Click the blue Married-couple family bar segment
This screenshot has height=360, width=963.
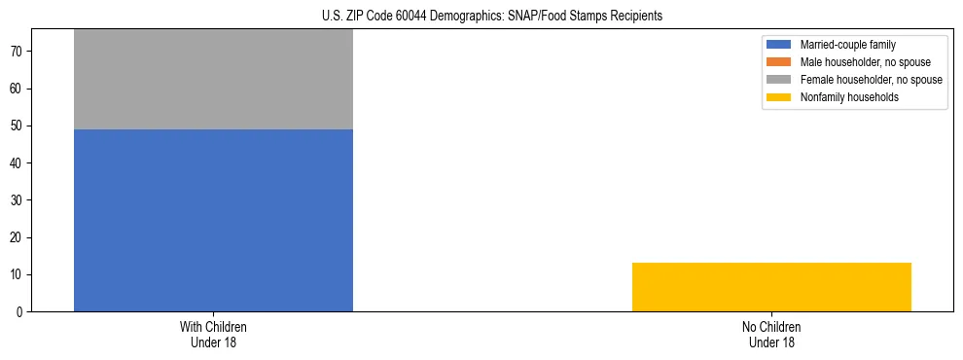(x=213, y=220)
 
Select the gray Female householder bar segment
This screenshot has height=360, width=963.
(x=213, y=80)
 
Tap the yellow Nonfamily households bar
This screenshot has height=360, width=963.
(x=771, y=287)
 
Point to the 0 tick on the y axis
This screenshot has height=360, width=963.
(x=21, y=312)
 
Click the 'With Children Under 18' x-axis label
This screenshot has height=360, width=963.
(x=213, y=334)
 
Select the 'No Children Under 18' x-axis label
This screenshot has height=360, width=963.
(x=771, y=334)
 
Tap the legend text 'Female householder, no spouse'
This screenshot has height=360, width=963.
(x=871, y=80)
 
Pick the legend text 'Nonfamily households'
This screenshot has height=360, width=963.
(x=849, y=97)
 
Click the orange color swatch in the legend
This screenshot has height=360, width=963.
(x=779, y=62)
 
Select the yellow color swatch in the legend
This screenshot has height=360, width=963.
(x=779, y=97)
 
